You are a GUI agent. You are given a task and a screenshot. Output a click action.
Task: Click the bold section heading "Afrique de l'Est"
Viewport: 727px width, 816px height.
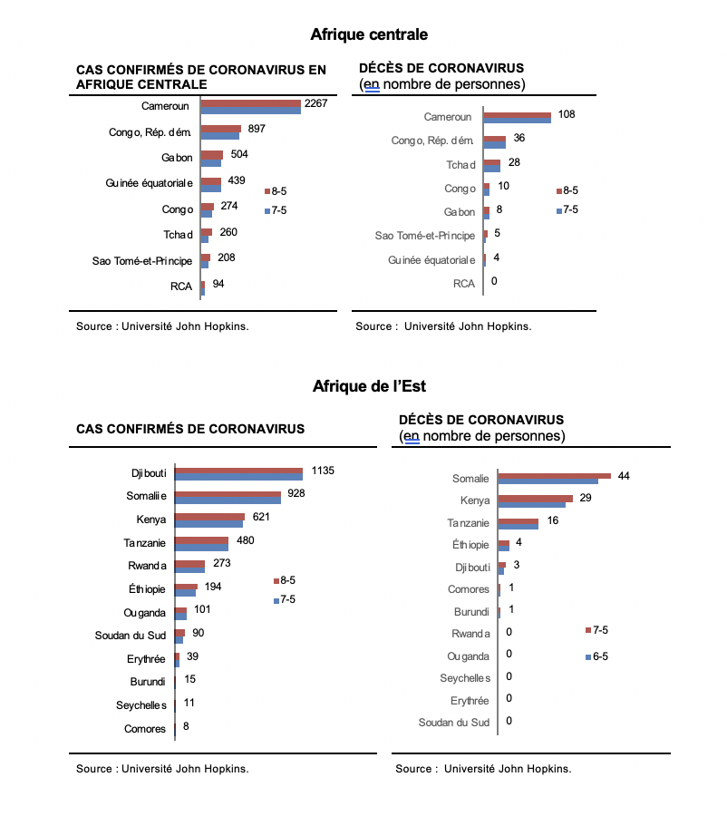tap(369, 386)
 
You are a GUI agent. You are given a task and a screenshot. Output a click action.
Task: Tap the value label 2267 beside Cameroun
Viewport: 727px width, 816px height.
tap(315, 103)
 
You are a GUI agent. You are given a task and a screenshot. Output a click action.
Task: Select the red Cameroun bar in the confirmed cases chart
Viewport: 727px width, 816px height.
tap(251, 103)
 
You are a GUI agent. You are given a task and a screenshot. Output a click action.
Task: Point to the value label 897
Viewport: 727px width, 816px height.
tap(257, 129)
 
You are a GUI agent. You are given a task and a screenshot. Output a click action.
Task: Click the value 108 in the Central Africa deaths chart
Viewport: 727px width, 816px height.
tap(567, 114)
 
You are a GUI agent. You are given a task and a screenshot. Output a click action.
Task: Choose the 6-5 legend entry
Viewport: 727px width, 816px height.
tap(596, 656)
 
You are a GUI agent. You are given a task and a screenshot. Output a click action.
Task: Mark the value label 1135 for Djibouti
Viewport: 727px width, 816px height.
tap(323, 471)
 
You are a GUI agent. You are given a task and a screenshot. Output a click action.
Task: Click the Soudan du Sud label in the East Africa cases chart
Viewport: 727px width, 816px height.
tap(131, 636)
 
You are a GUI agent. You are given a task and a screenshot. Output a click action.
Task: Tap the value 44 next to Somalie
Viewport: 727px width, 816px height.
tap(624, 476)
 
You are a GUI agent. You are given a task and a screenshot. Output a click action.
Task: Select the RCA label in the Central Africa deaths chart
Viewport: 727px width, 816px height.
tap(464, 284)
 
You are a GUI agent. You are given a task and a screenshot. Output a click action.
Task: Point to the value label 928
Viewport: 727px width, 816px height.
tap(296, 493)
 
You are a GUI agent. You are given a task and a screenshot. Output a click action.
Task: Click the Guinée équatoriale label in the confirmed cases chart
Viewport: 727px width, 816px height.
tap(149, 183)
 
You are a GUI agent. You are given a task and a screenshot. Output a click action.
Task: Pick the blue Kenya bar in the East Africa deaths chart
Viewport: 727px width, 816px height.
tap(531, 505)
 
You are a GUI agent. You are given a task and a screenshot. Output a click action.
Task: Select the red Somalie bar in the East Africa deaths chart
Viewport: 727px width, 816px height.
tap(554, 476)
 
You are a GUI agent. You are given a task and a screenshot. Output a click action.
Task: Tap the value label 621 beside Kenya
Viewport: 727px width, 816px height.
tap(261, 517)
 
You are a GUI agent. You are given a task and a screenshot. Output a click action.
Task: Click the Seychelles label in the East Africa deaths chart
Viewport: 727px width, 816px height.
tap(465, 678)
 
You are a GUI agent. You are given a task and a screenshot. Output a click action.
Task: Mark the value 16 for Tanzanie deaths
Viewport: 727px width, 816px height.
tap(553, 520)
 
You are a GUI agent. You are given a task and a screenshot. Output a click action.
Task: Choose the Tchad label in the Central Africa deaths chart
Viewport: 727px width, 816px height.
tap(460, 165)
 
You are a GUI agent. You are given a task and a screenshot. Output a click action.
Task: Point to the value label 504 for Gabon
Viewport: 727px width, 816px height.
tap(239, 154)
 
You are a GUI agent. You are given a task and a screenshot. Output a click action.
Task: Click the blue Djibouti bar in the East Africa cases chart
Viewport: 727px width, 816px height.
tap(239, 477)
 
